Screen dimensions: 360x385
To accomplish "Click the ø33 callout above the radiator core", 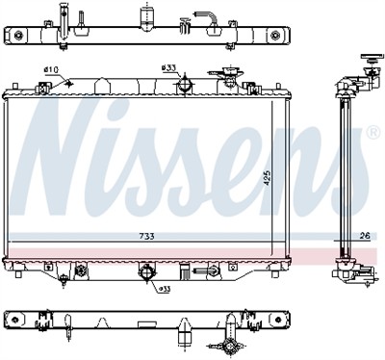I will click(x=168, y=69).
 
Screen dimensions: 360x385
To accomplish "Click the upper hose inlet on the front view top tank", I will click(x=181, y=86).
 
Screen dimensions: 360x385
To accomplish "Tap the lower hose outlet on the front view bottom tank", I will click(x=147, y=271).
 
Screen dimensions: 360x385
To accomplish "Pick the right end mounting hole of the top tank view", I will click(x=279, y=36).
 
